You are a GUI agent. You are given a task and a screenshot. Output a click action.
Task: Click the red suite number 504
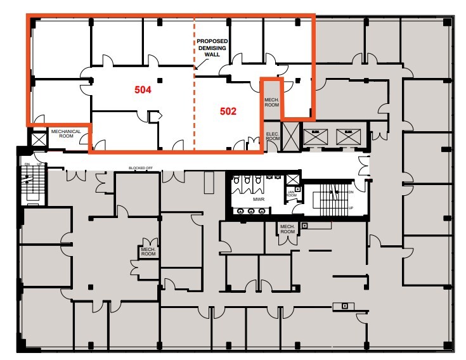coord(143,90)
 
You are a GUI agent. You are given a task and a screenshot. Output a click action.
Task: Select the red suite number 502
coord(228,111)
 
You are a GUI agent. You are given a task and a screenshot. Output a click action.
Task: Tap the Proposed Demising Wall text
coord(212,48)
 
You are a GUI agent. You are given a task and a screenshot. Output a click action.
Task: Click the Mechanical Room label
coord(66,134)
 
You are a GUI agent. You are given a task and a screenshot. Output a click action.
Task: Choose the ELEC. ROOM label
coord(272,136)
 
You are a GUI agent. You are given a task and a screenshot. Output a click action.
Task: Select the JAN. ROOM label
coord(292,193)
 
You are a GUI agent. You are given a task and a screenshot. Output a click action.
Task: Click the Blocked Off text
coord(141,168)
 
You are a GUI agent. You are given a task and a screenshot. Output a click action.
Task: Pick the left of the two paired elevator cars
coord(314,135)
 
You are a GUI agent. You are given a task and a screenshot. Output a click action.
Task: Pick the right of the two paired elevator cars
coord(346,135)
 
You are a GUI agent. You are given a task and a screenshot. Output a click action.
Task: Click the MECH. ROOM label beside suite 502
coord(271,102)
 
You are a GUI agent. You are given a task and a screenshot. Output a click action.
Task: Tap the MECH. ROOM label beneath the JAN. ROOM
coord(287,229)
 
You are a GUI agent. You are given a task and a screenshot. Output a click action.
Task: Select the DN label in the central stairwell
coord(350,190)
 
